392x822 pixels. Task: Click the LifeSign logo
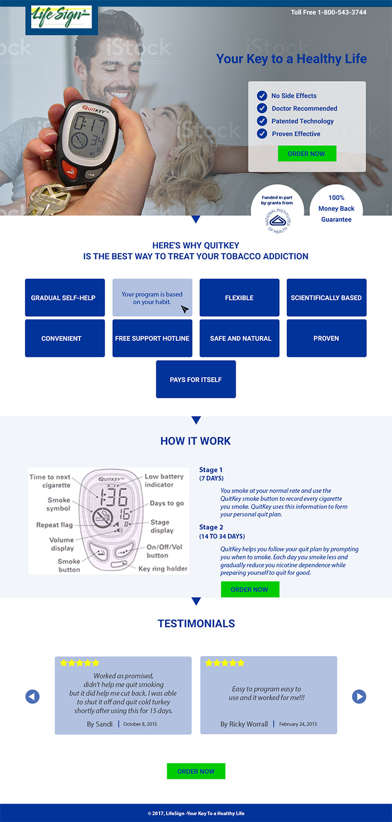61,17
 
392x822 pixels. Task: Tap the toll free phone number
328,12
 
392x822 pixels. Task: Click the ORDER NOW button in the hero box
306,153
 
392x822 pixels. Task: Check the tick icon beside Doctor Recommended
262,108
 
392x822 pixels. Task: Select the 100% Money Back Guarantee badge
336,208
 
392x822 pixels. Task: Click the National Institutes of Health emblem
277,220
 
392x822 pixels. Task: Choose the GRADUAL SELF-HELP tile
65,298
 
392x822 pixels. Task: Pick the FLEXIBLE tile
239,298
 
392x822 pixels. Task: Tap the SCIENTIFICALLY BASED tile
326,298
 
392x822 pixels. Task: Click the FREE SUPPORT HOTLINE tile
152,338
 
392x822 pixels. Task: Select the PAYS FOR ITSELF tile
196,379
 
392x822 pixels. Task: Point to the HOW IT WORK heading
196,441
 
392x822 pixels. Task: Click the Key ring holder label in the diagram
163,569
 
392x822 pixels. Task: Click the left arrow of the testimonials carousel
32,697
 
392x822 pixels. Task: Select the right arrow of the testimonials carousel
359,697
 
